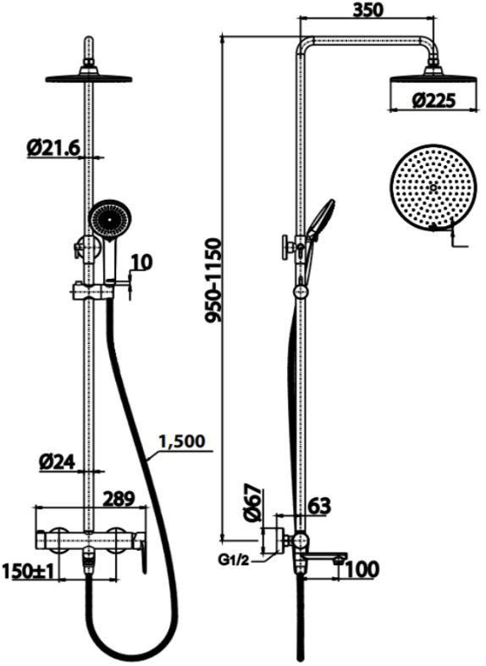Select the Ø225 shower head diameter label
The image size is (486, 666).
434,100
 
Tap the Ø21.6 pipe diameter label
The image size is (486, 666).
52,147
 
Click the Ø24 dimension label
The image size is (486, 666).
58,462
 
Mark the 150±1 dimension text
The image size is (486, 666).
29,571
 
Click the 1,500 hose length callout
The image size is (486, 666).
179,442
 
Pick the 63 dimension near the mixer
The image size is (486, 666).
318,508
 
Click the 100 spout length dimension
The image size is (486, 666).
362,570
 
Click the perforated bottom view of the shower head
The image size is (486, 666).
432,186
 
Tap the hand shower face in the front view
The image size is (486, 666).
110,219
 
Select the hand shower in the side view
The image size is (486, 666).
320,220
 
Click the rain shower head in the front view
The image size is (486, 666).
88,77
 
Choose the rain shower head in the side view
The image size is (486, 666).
434,78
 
